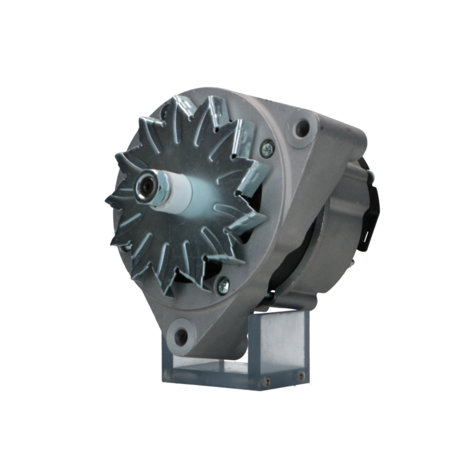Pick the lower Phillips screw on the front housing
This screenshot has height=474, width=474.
[223, 285]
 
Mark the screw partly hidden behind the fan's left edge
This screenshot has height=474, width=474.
[127, 246]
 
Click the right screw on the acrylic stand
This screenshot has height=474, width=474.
[301, 377]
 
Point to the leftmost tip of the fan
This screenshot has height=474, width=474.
[107, 199]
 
